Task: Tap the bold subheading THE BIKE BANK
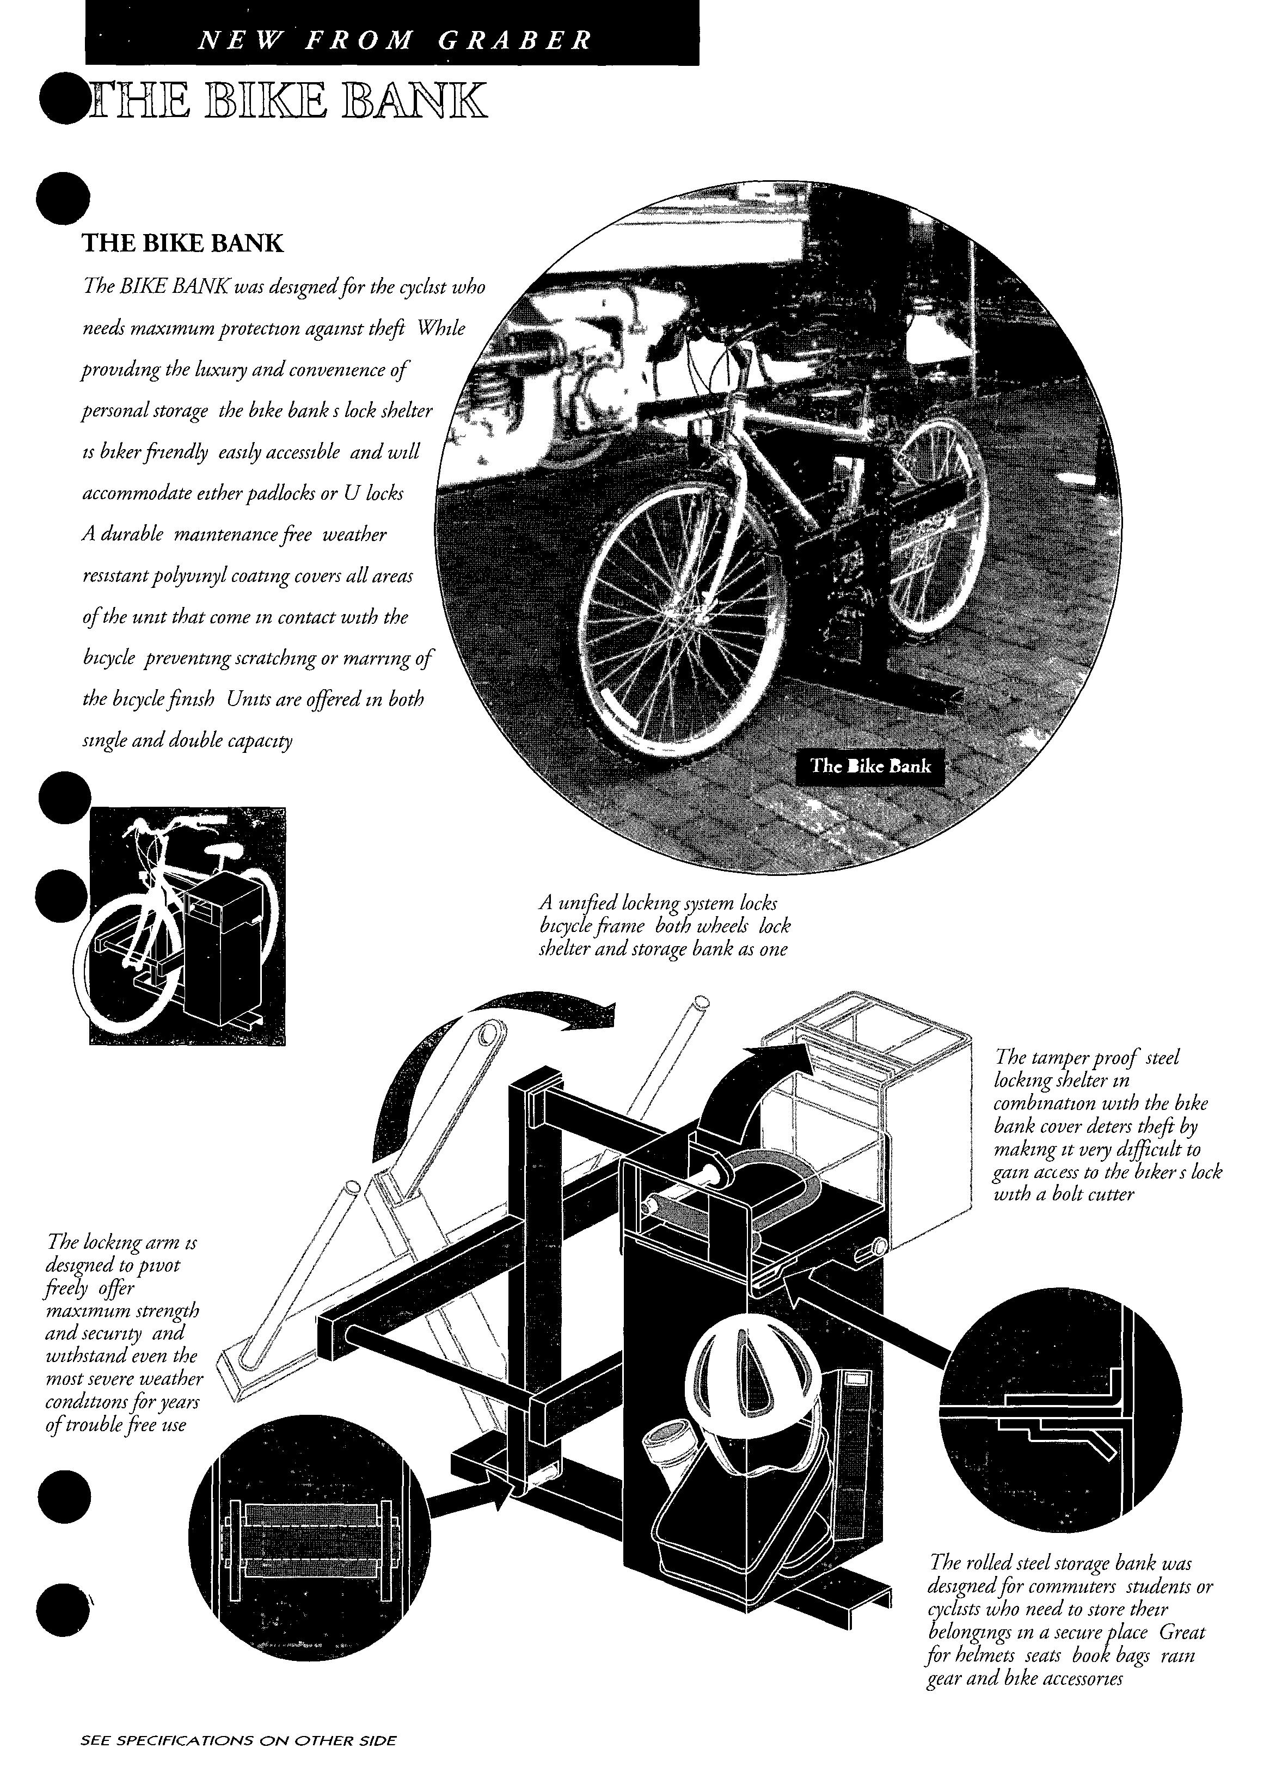point(182,243)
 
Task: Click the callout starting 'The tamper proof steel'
point(1107,1125)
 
